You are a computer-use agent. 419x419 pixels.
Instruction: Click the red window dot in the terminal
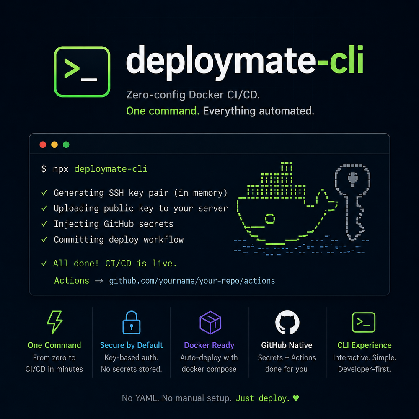[x=43, y=145]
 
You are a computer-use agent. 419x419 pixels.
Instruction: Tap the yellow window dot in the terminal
[x=54, y=145]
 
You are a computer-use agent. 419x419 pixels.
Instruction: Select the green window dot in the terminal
[x=66, y=145]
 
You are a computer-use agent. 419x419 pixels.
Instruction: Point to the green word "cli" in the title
[x=347, y=60]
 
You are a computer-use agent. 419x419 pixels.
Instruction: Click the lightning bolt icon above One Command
[x=54, y=322]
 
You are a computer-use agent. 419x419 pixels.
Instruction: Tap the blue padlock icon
[x=132, y=322]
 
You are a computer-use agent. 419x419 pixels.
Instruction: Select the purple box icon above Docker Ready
[x=210, y=323]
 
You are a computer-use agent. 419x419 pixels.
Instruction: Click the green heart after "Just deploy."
[x=296, y=398]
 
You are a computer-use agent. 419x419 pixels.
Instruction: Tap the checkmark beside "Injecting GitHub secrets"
[x=44, y=224]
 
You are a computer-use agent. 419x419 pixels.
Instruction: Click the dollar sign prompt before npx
[x=44, y=169]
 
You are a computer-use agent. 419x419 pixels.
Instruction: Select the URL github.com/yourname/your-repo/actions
[x=192, y=281]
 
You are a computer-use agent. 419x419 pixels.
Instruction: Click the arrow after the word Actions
[x=99, y=281]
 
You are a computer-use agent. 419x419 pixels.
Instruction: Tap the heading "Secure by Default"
[x=131, y=345]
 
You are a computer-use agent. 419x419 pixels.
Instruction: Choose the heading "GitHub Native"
[x=287, y=345]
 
